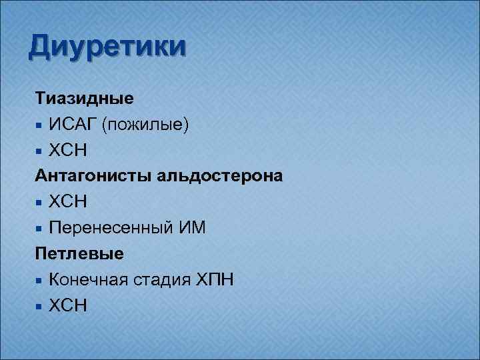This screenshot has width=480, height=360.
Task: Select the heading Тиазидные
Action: pos(84,99)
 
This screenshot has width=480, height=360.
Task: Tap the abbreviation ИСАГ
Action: pos(72,125)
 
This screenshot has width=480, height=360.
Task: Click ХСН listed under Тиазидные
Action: pos(67,151)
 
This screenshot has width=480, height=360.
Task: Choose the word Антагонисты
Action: pos(94,177)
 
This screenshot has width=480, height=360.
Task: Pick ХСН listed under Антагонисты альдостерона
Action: pos(67,202)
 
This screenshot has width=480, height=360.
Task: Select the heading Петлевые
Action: pos(79,254)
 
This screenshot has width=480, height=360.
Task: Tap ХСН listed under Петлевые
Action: pos(67,305)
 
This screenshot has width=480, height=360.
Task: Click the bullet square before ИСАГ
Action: pos(41,125)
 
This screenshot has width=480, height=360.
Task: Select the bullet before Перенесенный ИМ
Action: pos(41,229)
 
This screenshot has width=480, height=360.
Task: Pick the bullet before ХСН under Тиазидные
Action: pos(41,151)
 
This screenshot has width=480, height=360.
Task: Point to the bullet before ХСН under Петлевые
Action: pos(41,306)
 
